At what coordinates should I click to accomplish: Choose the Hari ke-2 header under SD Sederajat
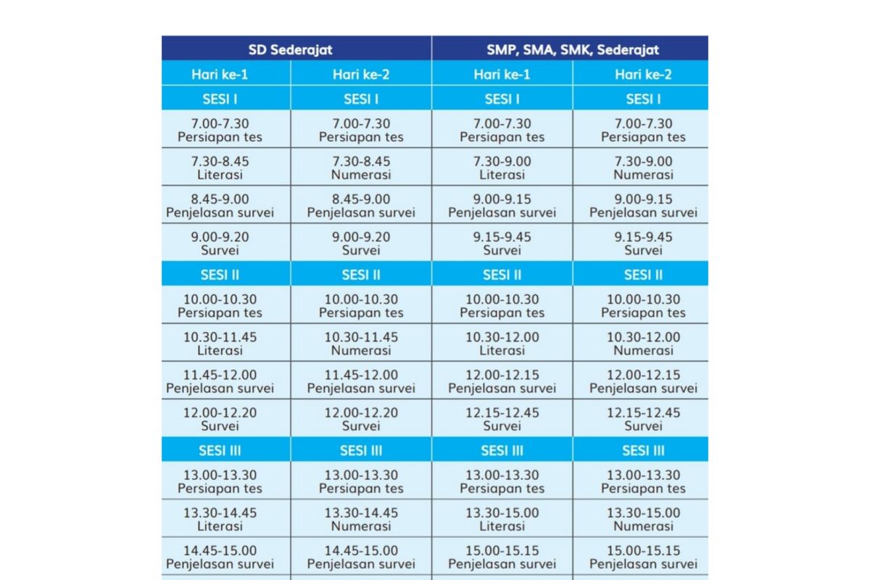[x=361, y=74]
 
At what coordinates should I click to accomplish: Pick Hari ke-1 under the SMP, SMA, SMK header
[x=502, y=74]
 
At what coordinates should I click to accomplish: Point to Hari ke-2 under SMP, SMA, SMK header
[x=643, y=74]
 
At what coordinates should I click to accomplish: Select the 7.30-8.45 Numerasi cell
[x=361, y=167]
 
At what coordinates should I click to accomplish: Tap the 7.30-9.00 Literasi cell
[x=502, y=167]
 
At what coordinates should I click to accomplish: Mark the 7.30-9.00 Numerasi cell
[x=643, y=167]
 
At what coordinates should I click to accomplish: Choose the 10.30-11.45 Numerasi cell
[x=361, y=344]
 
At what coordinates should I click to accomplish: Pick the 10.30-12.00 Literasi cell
[x=502, y=344]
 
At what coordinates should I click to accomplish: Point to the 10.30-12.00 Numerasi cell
[x=643, y=344]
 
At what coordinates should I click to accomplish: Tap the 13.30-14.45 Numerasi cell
[x=361, y=519]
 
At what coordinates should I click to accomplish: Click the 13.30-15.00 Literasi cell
[x=502, y=519]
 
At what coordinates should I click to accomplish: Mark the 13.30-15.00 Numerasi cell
[x=643, y=519]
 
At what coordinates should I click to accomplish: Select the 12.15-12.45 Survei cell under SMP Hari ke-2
[x=643, y=419]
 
